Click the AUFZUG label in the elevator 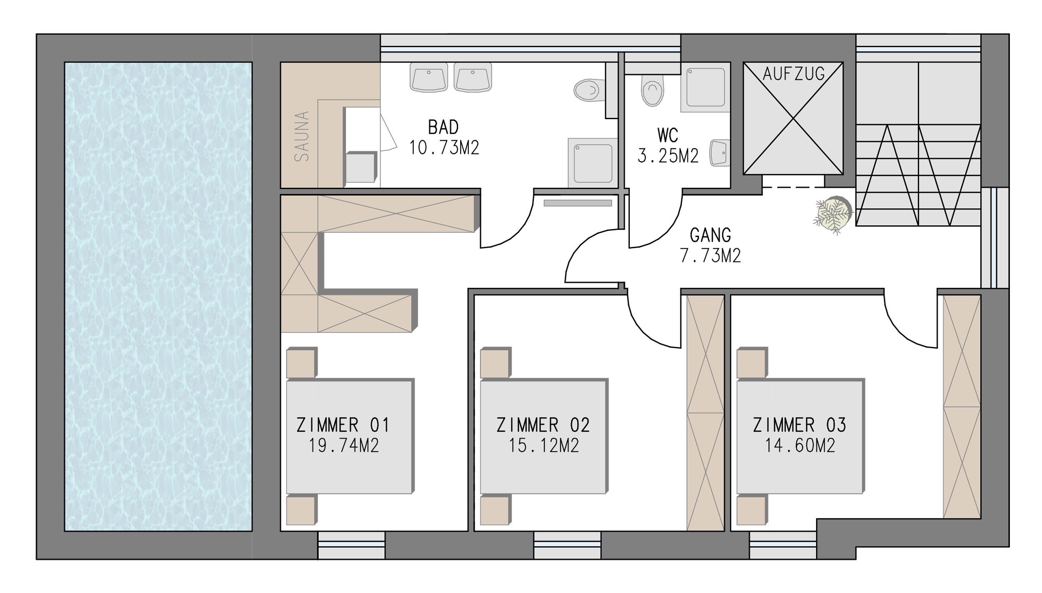(794, 74)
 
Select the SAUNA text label (302, 136)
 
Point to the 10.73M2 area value (444, 148)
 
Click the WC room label (668, 135)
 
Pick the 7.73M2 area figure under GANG (711, 256)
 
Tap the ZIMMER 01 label (343, 425)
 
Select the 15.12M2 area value (544, 446)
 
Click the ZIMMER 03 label (799, 425)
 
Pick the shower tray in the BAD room (593, 163)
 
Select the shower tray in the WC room (706, 87)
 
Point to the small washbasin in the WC (720, 153)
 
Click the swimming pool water (158, 296)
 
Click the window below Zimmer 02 (567, 545)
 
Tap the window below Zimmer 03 (783, 545)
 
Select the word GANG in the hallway (710, 235)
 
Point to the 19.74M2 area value (343, 446)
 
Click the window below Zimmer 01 (351, 545)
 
